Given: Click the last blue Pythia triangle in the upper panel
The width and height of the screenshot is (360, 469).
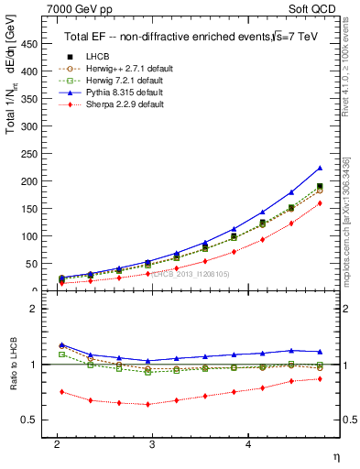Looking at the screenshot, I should point(320,168).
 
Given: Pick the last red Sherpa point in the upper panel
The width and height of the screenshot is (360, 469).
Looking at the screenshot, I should point(320,203).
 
